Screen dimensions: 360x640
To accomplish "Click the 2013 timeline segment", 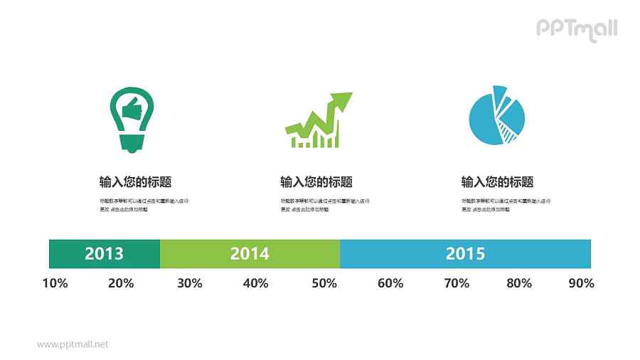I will click(x=104, y=254).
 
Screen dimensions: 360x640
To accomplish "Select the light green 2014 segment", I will click(x=250, y=254).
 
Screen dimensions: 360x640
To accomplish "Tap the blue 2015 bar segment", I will click(x=465, y=254).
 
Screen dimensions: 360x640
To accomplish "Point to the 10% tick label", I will click(x=55, y=283).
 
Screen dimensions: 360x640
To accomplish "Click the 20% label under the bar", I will click(x=121, y=283).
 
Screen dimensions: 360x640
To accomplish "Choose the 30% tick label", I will click(x=189, y=283).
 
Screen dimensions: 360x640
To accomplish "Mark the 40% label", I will click(x=255, y=283).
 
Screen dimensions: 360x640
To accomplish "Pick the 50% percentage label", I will click(x=324, y=283).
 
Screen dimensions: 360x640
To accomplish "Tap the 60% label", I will click(x=390, y=283).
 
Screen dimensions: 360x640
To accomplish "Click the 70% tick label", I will click(x=457, y=283).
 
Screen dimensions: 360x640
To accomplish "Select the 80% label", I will click(x=519, y=283).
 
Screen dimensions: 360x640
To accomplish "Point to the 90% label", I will click(x=581, y=283).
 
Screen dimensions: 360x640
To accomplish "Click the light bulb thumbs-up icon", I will click(x=132, y=119).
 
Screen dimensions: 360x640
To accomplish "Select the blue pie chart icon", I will click(x=496, y=115).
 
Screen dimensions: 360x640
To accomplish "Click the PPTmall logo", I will click(x=576, y=29).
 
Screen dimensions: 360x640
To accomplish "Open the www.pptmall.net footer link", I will click(x=73, y=344).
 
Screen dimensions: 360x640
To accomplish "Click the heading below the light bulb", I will click(x=136, y=182).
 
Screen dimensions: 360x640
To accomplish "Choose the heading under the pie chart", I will click(x=497, y=182).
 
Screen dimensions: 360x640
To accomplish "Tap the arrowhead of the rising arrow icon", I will click(x=342, y=100).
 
